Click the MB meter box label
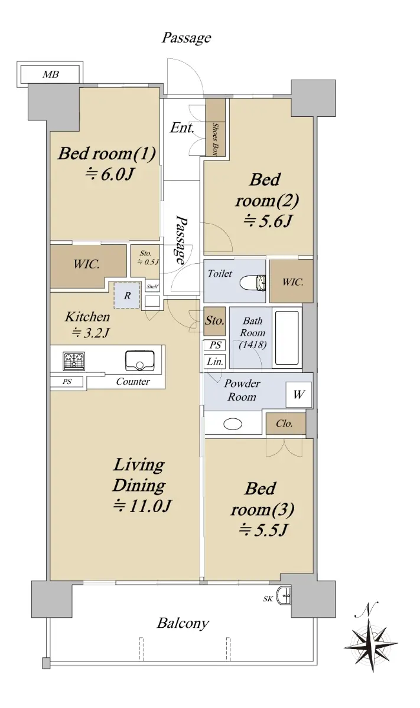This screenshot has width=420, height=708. click(51, 74)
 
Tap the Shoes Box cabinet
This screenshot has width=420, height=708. click(216, 127)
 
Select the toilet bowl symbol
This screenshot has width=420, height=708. click(253, 282)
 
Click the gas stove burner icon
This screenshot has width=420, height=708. click(74, 361)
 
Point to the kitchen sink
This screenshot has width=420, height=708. click(140, 360)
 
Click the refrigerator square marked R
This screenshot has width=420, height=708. click(127, 296)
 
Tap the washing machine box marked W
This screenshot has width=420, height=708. click(299, 395)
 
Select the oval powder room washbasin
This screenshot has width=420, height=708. click(233, 424)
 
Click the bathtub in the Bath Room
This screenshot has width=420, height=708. click(286, 338)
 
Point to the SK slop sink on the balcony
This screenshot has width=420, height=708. click(284, 595)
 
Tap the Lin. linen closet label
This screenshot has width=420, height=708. click(215, 361)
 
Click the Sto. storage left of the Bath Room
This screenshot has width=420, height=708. click(214, 321)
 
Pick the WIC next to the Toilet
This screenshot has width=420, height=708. click(291, 281)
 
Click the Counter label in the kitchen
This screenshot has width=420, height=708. click(133, 382)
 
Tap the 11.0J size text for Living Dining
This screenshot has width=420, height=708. click(143, 506)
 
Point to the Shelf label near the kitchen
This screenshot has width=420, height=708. click(152, 287)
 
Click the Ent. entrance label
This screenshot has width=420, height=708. click(182, 128)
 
